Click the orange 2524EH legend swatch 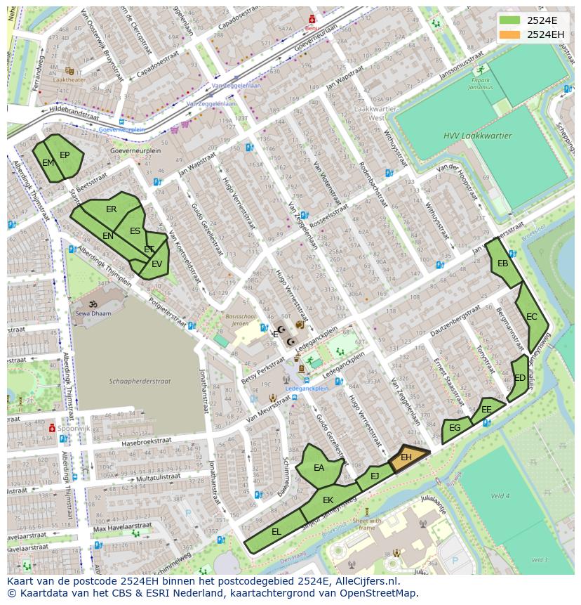click(510, 34)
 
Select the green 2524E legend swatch click(510, 20)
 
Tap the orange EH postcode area click(406, 457)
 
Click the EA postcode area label click(319, 468)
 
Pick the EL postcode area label click(276, 532)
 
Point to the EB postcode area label click(502, 264)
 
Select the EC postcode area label click(532, 317)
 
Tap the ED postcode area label click(520, 378)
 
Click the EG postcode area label click(455, 427)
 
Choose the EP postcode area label click(65, 155)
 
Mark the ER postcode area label click(112, 209)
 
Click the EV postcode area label click(156, 264)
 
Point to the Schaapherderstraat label click(140, 381)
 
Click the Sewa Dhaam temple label click(93, 313)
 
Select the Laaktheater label click(69, 80)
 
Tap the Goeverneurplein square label click(135, 150)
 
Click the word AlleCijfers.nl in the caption click(365, 581)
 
